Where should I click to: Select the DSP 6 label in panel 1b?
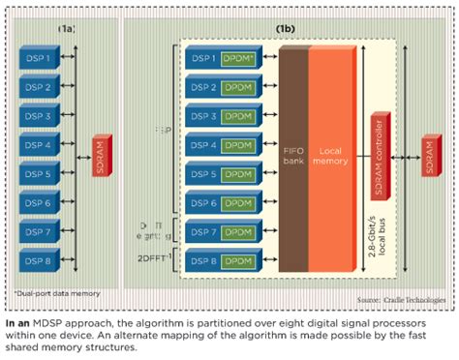(x=203, y=204)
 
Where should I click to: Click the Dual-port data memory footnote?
(x=48, y=291)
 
